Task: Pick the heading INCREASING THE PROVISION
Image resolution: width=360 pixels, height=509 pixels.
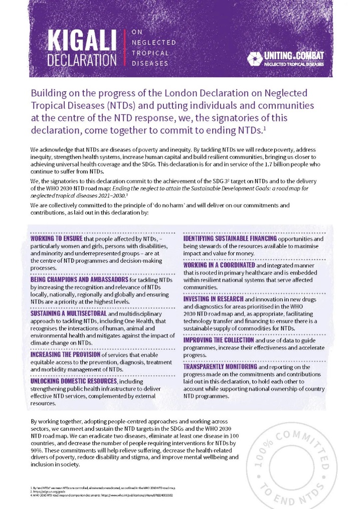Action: click(65, 355)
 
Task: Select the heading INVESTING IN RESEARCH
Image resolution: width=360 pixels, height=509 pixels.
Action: click(214, 298)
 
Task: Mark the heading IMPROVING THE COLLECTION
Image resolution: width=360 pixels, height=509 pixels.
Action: click(220, 340)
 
